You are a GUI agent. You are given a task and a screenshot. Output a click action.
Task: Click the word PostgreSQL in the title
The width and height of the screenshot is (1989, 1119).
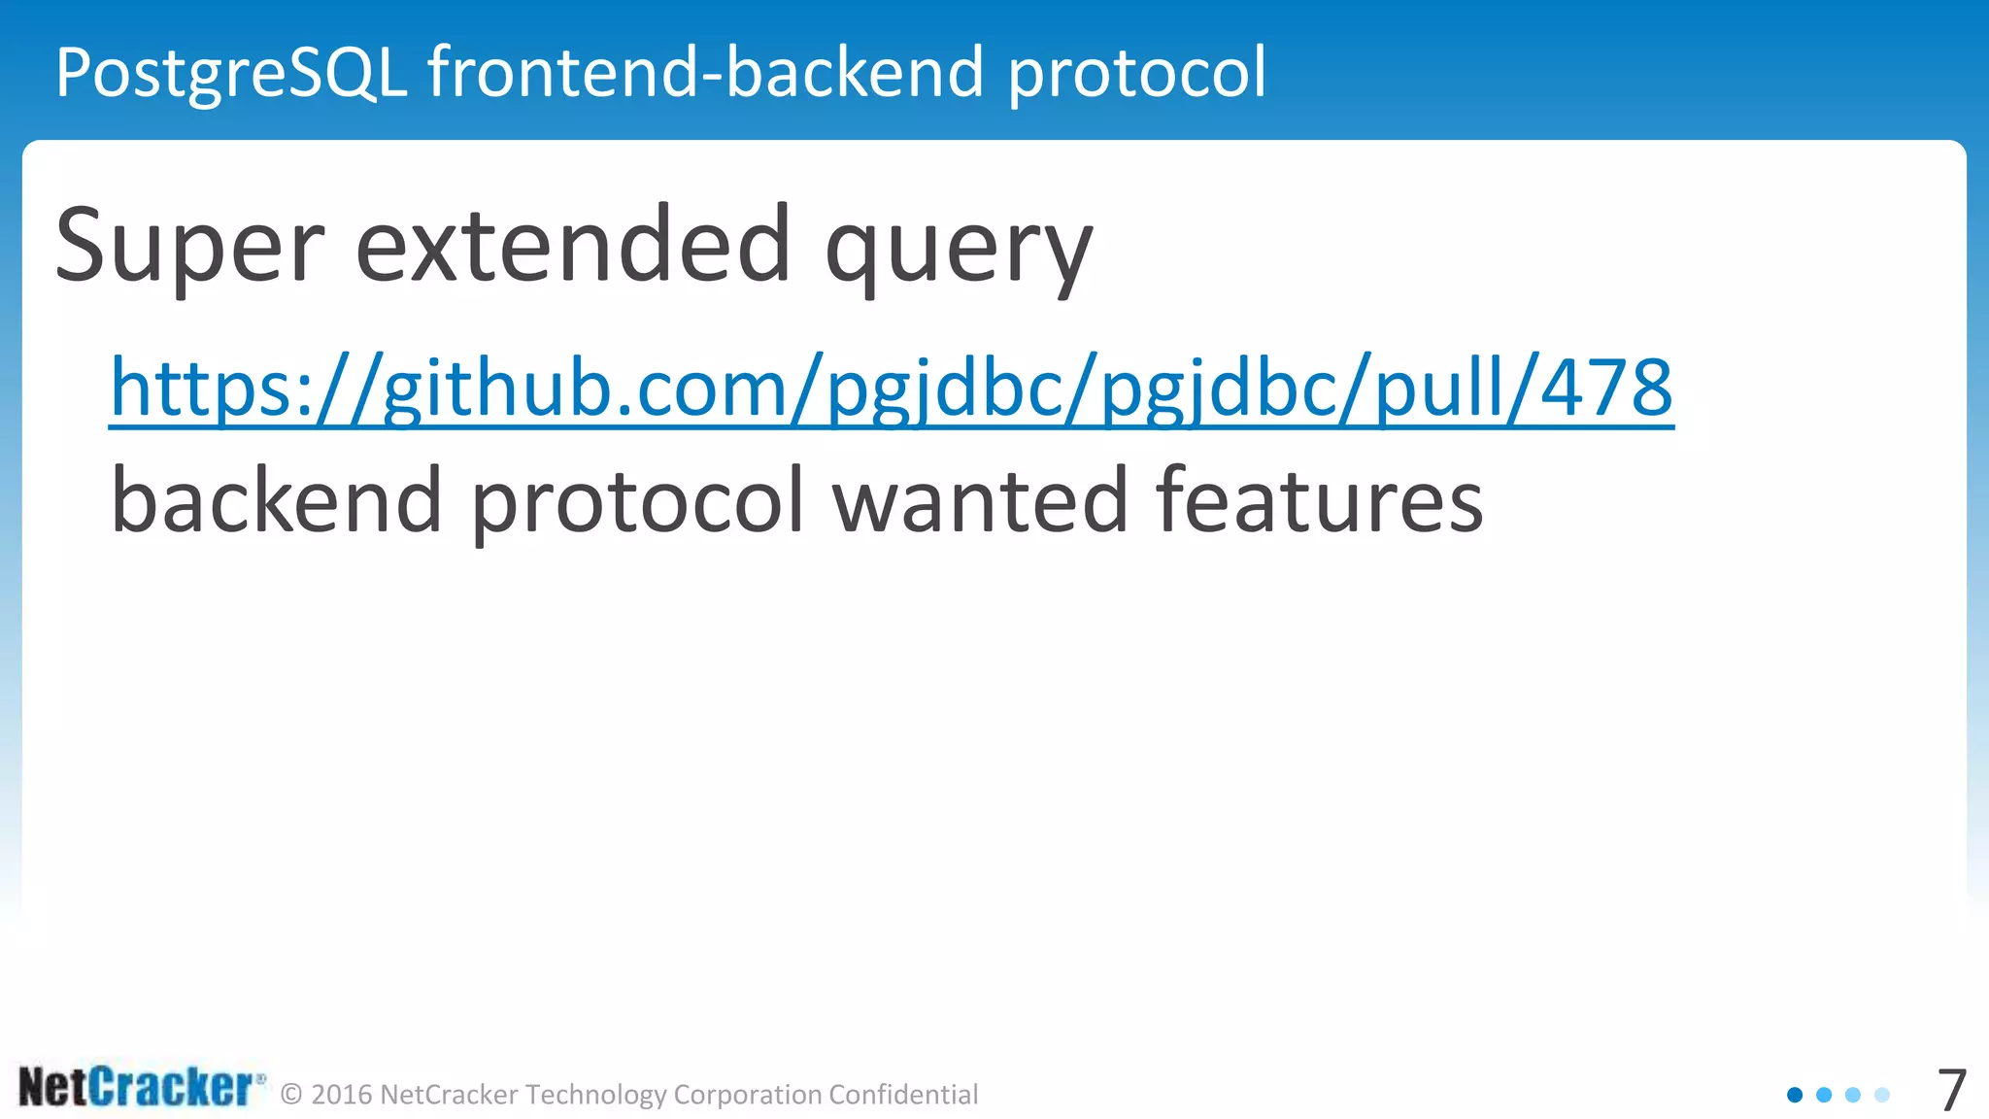point(231,74)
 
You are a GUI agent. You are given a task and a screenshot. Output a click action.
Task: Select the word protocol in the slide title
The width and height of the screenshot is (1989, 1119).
point(1136,74)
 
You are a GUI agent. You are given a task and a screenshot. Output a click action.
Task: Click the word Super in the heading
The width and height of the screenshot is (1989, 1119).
point(189,248)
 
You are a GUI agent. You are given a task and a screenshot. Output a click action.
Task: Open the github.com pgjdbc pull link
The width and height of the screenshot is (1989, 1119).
point(892,389)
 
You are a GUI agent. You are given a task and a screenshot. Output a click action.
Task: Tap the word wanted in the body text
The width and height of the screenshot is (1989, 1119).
point(980,501)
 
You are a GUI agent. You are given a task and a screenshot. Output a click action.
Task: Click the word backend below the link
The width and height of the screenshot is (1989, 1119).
point(277,501)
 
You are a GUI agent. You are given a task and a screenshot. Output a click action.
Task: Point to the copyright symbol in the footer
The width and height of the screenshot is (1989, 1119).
point(291,1096)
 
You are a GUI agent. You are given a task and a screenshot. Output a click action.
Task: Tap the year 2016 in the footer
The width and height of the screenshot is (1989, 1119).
point(342,1095)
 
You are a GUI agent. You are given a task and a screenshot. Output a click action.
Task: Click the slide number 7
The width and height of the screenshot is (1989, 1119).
point(1951,1091)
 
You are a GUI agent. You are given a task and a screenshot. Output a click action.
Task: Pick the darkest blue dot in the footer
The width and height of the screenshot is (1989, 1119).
point(1795,1095)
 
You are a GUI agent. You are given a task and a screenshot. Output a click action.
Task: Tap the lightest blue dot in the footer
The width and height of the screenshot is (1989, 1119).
point(1882,1095)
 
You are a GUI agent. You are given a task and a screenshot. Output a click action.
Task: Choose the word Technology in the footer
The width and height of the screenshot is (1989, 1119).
point(595,1095)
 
